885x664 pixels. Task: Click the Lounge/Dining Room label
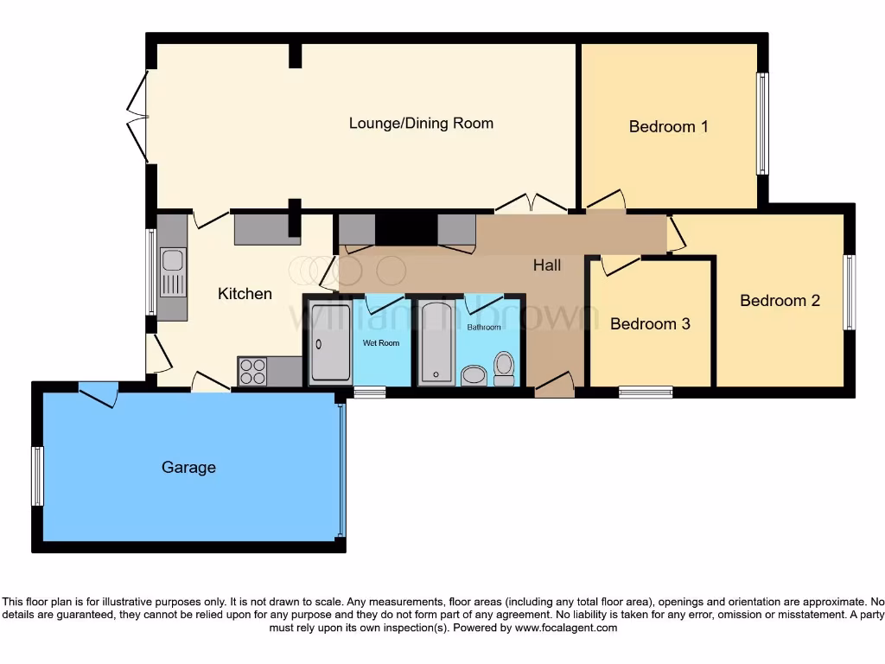[x=421, y=123]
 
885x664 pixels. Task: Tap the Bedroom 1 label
[x=668, y=126]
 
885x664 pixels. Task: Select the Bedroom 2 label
[x=780, y=301]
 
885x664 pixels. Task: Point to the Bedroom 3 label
[x=650, y=324]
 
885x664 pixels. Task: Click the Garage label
[x=188, y=468]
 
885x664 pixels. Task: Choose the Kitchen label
[x=245, y=294]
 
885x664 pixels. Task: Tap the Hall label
[x=547, y=265]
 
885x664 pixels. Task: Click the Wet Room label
[x=381, y=343]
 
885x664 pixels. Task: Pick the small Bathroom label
[x=484, y=328]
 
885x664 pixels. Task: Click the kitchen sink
[x=173, y=271]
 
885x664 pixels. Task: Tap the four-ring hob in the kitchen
[x=252, y=372]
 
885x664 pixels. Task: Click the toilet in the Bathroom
[x=504, y=368]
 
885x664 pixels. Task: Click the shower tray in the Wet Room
[x=330, y=342]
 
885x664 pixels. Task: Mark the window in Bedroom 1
[x=762, y=124]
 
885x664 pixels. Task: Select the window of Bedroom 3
[x=646, y=393]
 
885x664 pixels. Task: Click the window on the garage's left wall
[x=37, y=476]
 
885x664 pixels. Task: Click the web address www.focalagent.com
[x=566, y=628]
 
